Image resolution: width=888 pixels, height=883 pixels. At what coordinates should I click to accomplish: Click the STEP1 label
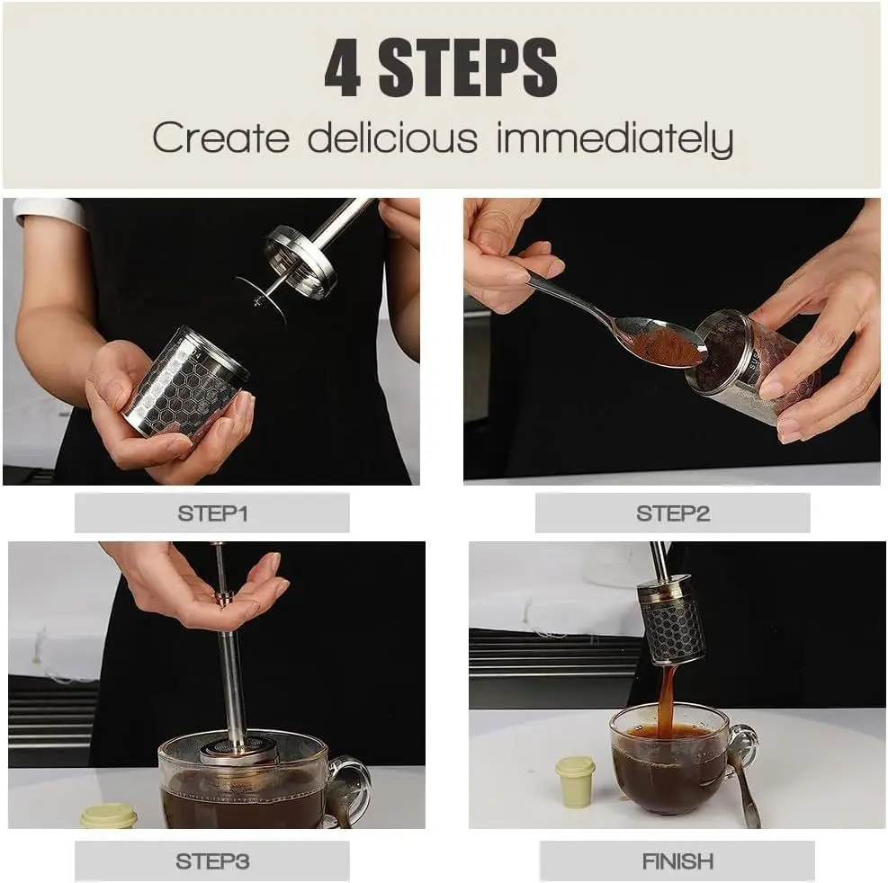click(x=212, y=513)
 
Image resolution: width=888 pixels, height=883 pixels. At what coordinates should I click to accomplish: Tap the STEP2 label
click(x=672, y=513)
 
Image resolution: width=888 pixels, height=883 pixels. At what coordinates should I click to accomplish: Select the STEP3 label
click(x=212, y=861)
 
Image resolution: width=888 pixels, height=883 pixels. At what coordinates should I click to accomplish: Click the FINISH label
click(x=677, y=861)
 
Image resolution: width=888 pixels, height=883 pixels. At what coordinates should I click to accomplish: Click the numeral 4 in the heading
click(x=343, y=68)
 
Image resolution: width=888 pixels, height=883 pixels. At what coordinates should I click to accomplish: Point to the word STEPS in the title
click(x=468, y=68)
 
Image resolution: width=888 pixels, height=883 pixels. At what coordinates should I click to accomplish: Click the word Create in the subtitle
click(x=220, y=139)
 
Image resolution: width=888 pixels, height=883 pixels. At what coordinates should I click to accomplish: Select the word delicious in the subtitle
click(x=392, y=139)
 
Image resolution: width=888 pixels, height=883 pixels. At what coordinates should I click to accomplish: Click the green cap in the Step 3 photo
click(x=109, y=816)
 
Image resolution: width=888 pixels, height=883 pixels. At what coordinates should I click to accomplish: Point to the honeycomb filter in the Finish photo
click(x=671, y=620)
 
